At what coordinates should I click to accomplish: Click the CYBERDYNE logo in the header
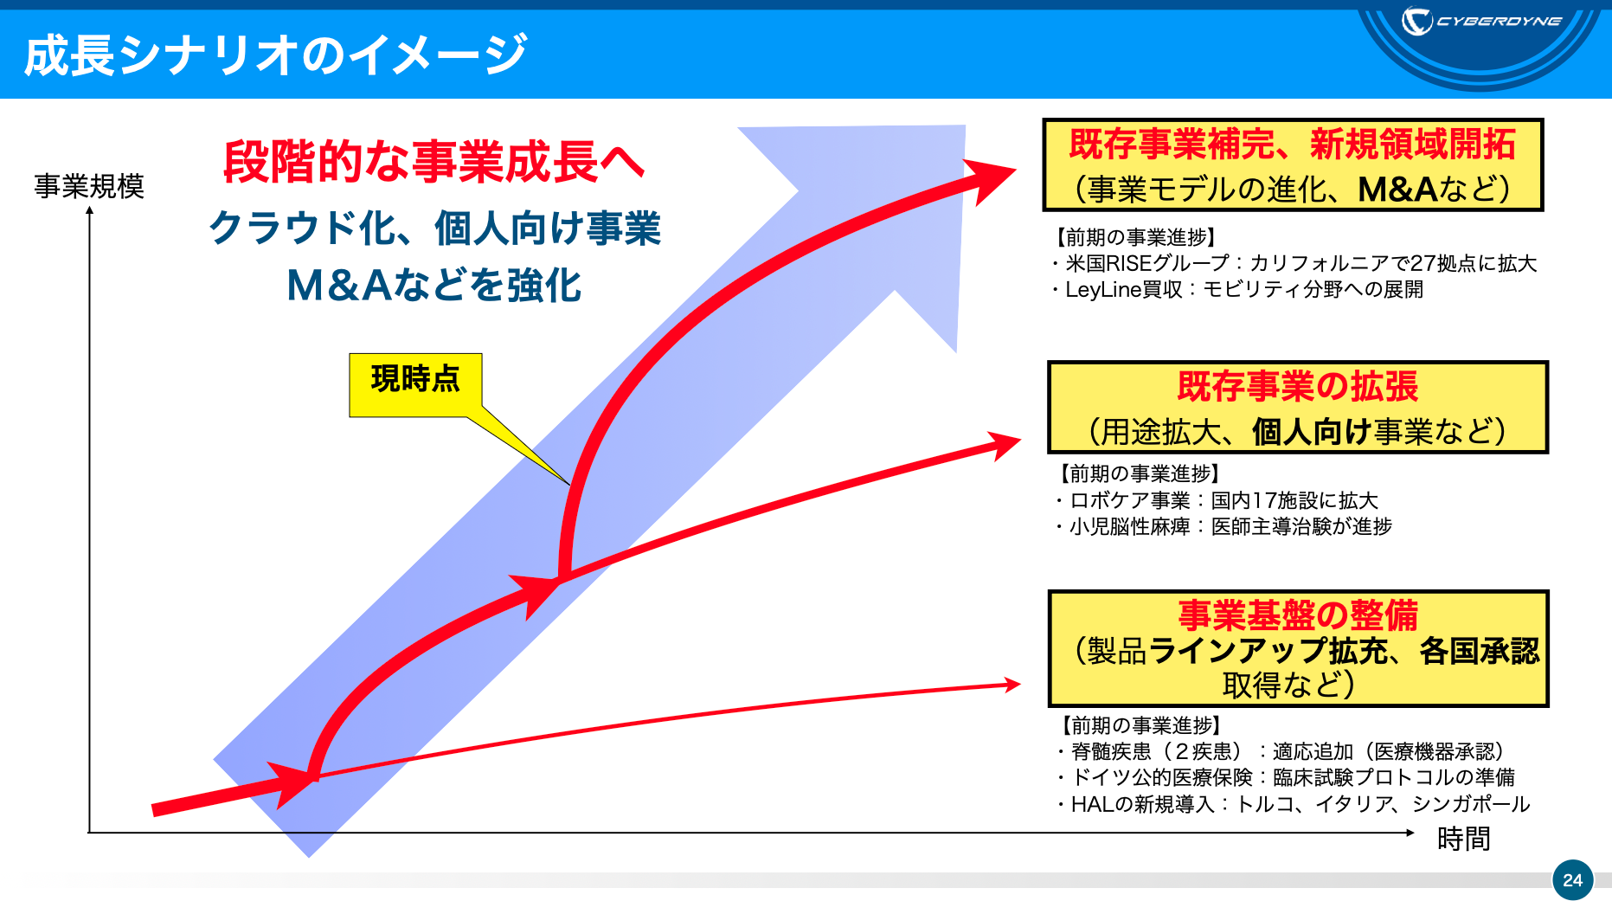tap(1481, 21)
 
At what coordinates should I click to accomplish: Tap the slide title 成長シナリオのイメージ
tap(275, 54)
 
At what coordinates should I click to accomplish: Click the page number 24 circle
tap(1572, 879)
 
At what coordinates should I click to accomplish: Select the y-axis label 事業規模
tap(89, 186)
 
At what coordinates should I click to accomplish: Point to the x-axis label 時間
tap(1463, 839)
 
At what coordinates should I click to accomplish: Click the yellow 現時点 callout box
tap(415, 384)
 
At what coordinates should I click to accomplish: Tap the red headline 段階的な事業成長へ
tap(434, 162)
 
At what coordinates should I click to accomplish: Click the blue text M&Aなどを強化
tap(434, 285)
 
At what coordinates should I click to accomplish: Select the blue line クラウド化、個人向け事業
tap(434, 228)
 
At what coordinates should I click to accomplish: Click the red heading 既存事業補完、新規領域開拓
tap(1292, 144)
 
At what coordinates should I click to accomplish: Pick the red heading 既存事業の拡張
tap(1297, 386)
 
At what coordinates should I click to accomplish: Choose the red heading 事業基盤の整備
tap(1297, 615)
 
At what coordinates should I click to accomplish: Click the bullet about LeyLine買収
tap(1237, 289)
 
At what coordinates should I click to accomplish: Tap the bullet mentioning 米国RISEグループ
tap(1294, 263)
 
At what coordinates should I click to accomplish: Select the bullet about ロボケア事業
tap(1216, 500)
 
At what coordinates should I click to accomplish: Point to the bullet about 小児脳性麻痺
tap(1223, 526)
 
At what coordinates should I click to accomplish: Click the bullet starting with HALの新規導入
tap(1293, 804)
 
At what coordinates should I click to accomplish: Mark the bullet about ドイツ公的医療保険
tap(1285, 777)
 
